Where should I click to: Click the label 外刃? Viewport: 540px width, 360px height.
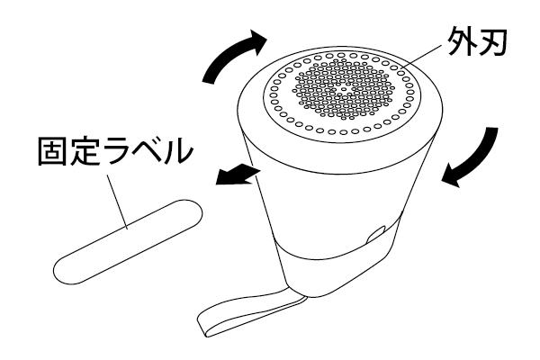[476, 42]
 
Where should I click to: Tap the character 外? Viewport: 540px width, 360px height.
[462, 42]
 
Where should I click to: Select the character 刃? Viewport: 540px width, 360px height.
[492, 42]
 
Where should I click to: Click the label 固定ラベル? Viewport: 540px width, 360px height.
[114, 151]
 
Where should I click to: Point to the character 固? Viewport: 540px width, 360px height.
[51, 151]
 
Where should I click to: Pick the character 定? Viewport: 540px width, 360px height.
[83, 151]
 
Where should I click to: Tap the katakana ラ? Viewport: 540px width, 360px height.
[113, 151]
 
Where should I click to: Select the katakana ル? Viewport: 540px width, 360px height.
[176, 151]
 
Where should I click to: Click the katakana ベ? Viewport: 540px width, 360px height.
[145, 151]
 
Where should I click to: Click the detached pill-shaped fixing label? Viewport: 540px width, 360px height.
[128, 242]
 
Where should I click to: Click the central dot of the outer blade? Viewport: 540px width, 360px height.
[342, 90]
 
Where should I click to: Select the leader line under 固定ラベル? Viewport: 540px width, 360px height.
[117, 202]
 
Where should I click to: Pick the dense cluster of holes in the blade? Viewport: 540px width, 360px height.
[342, 90]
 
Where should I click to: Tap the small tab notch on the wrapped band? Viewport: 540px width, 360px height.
[376, 234]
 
